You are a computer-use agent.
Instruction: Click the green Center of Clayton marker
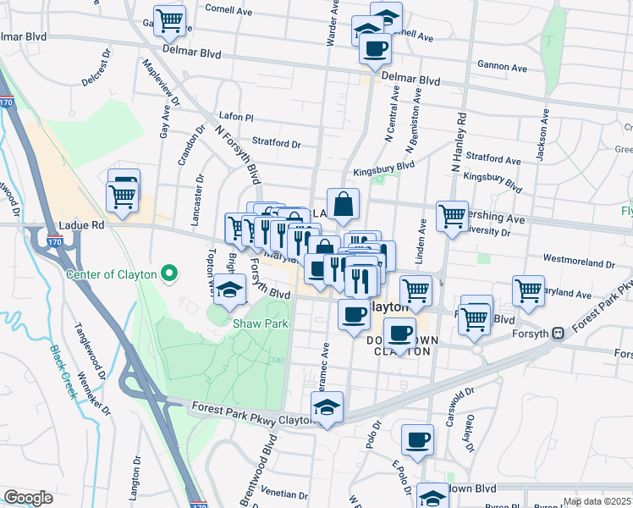click(168, 273)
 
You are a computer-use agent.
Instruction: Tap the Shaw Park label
click(261, 323)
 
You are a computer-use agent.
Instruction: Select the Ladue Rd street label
click(82, 226)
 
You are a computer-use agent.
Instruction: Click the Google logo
click(28, 497)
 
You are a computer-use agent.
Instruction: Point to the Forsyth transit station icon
click(558, 333)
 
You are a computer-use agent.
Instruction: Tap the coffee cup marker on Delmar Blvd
click(376, 49)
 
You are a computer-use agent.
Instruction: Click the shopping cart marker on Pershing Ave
click(452, 215)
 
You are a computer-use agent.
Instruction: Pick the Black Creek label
click(63, 361)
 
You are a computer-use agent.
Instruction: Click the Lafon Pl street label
click(236, 118)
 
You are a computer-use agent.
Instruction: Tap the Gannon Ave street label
click(502, 67)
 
